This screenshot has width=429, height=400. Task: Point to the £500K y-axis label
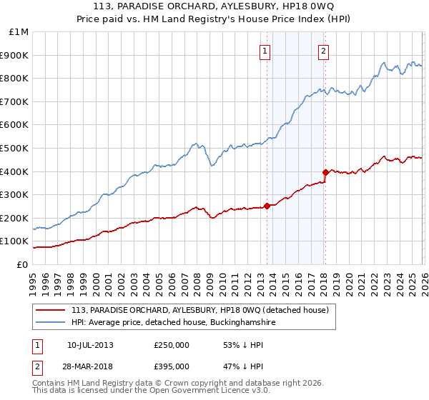(x=16, y=148)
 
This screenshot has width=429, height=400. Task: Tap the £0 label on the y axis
(x=23, y=264)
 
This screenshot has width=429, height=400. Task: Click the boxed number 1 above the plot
(x=265, y=51)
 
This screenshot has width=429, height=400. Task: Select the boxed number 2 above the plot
(x=324, y=51)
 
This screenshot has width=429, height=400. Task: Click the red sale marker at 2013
(x=267, y=206)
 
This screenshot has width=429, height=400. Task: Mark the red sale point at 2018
(x=325, y=172)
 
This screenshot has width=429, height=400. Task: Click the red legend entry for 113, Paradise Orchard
(x=199, y=310)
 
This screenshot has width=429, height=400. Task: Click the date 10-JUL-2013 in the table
(x=90, y=345)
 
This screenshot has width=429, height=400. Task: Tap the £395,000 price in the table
(x=172, y=366)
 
